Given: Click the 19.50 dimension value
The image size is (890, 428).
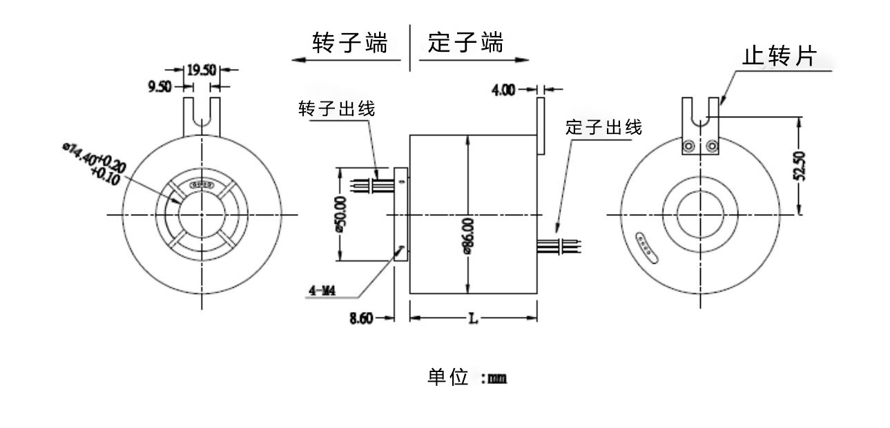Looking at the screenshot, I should click(x=201, y=70).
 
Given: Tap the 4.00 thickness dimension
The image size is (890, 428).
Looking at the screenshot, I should click(x=503, y=90).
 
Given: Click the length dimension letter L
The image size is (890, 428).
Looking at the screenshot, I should click(x=474, y=318).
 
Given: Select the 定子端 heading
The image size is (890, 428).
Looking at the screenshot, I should click(x=465, y=43).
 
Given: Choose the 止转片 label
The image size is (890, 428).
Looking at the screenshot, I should click(x=778, y=57).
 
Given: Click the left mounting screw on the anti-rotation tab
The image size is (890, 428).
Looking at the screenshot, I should click(x=689, y=146).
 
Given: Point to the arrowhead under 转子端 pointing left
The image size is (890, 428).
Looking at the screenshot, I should click(x=298, y=60).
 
